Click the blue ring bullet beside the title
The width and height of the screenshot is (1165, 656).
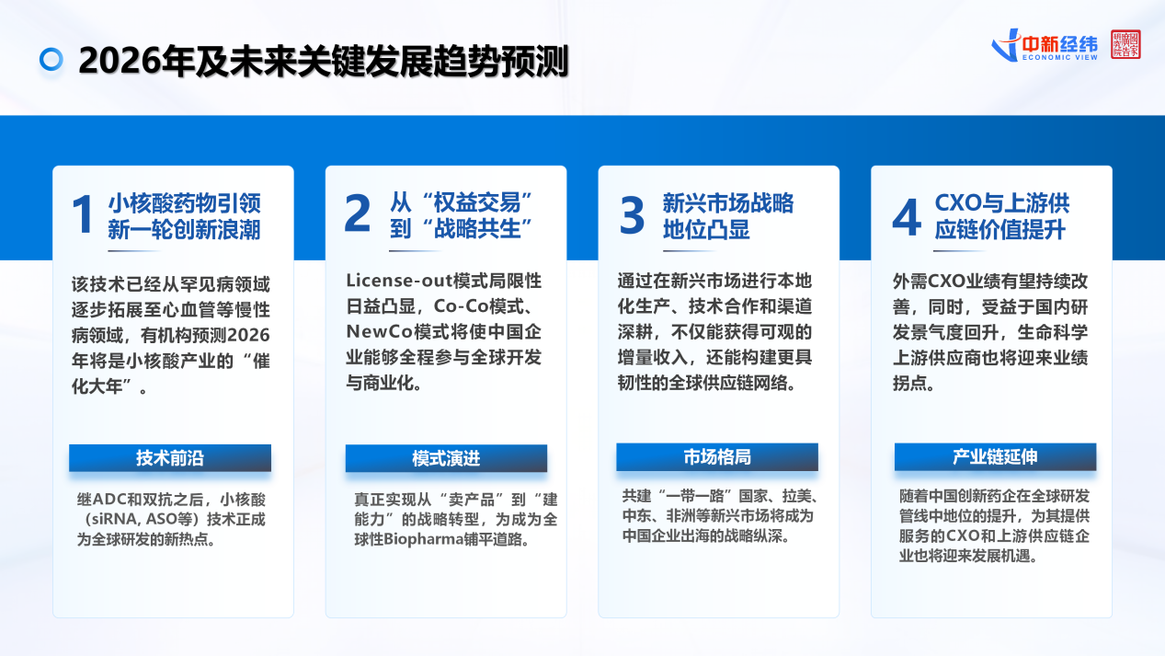51,59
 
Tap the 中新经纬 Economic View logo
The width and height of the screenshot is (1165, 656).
1045,46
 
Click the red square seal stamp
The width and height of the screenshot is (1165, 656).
1125,44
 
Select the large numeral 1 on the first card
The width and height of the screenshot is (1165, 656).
83,214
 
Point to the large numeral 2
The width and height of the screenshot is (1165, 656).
358,213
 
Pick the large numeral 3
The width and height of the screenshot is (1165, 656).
632,215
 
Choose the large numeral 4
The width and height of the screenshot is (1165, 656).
907,217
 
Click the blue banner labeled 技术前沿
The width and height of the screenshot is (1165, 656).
170,458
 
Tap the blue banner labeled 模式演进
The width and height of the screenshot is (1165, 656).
446,458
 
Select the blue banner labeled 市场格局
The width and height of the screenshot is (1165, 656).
717,456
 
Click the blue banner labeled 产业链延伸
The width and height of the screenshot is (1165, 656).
996,456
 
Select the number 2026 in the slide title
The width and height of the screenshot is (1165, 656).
120,61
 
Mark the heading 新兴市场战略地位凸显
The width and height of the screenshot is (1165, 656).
728,216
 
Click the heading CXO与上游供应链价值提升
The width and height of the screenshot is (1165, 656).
1001,216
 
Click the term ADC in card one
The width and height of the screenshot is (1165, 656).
109,500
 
